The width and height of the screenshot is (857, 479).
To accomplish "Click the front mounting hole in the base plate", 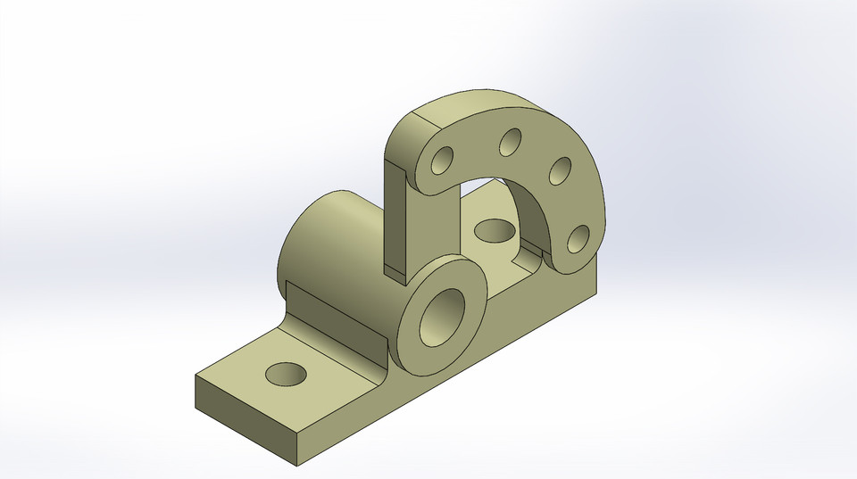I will click(x=287, y=375).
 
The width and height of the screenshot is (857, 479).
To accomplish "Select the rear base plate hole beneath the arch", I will click(x=495, y=231).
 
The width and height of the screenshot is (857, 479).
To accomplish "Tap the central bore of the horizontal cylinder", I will click(x=443, y=318).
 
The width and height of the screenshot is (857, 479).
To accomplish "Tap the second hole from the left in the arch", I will click(x=511, y=142).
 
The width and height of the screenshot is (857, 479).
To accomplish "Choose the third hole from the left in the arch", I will click(x=560, y=169).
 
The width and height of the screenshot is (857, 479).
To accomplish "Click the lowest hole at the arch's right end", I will click(x=578, y=238).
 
